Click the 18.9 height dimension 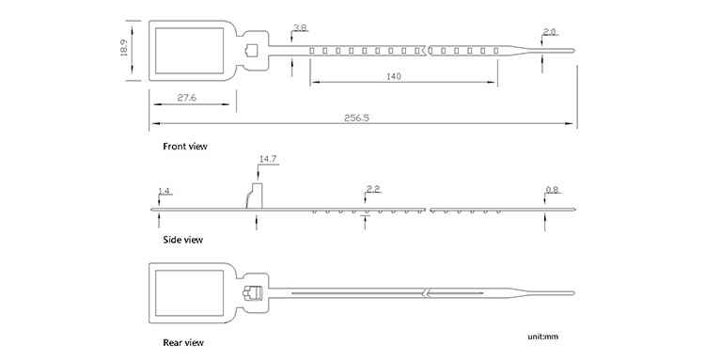[124, 48]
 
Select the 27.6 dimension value [187, 98]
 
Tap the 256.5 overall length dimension [356, 117]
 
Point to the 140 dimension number [394, 76]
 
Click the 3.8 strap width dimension [300, 28]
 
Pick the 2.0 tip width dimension [550, 32]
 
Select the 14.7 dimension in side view [268, 159]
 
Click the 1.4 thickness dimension [164, 192]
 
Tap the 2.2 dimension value [373, 189]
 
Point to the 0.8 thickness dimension [552, 190]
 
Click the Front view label [185, 146]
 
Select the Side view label [182, 240]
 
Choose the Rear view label [183, 343]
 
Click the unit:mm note [543, 337]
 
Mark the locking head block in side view [255, 196]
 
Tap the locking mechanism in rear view [252, 293]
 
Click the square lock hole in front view [251, 51]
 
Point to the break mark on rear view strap [427, 293]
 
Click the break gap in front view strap [427, 51]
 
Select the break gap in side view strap [428, 210]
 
